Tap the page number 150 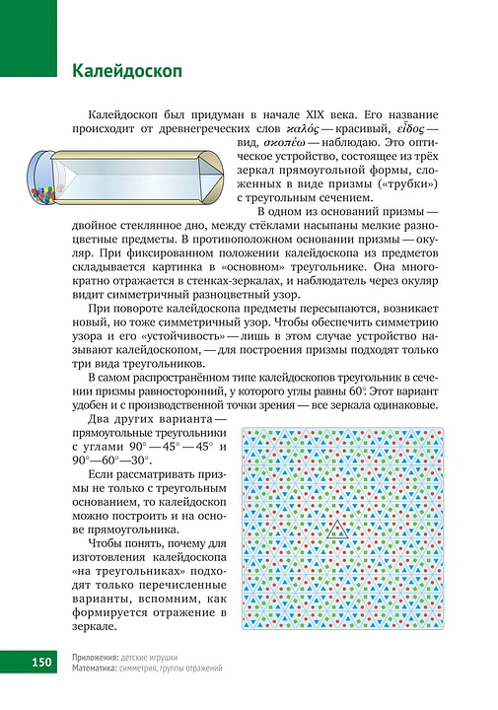40,663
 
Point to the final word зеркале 101,626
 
